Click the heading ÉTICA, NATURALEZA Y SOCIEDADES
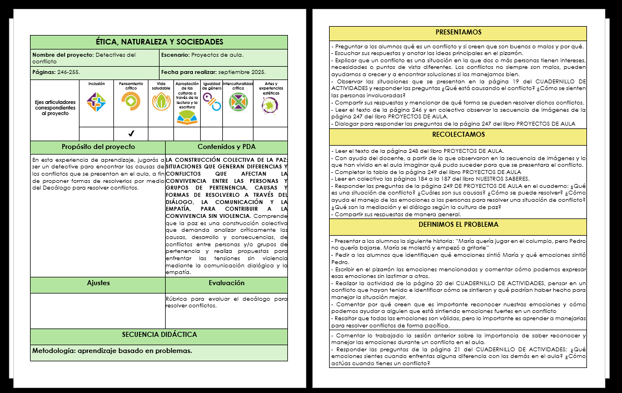(x=159, y=42)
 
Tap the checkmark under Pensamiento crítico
(x=131, y=133)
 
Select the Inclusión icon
(x=96, y=102)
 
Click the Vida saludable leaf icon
(x=161, y=102)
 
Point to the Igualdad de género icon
(x=211, y=101)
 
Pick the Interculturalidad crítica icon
(x=238, y=102)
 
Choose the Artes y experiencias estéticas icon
(x=270, y=103)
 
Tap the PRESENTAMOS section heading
(x=458, y=33)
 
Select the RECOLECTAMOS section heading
(x=458, y=135)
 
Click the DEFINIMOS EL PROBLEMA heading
(x=458, y=225)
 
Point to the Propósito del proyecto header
(x=98, y=147)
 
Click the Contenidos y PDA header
(x=226, y=147)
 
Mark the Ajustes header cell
(x=98, y=283)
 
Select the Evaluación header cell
(x=226, y=283)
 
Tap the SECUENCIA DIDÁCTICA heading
(x=159, y=335)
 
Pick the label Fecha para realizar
(x=188, y=72)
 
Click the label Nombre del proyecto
(x=63, y=55)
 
